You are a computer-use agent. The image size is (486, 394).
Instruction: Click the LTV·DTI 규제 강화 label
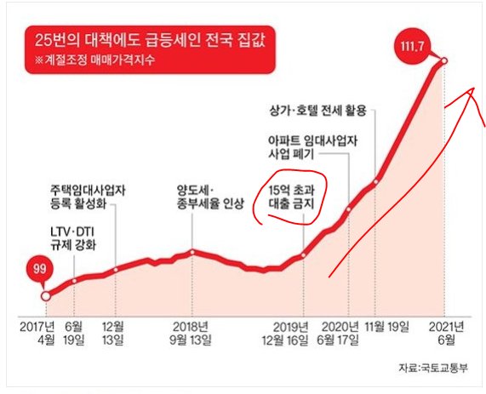coord(73,238)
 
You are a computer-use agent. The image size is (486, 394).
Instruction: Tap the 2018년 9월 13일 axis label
coord(197,333)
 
